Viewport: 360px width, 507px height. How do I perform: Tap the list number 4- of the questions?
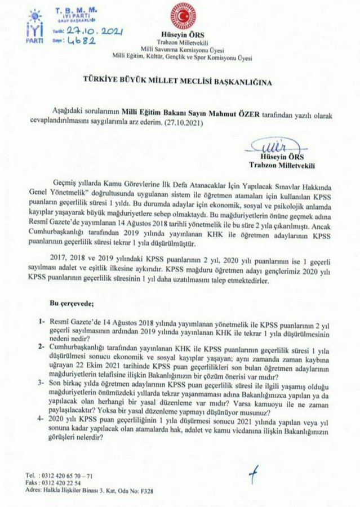pos(42,420)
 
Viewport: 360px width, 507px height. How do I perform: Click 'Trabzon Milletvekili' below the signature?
pos(283,166)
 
